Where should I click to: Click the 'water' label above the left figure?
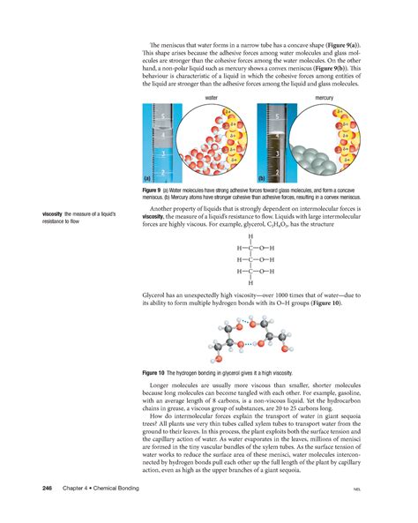(212, 97)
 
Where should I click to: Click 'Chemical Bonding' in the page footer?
(115, 488)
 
